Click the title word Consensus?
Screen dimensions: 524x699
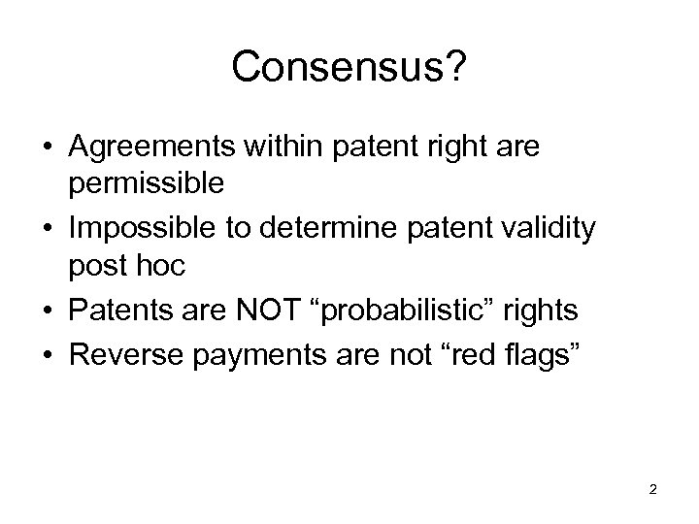coord(349,67)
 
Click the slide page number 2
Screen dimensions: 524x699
coord(652,489)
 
